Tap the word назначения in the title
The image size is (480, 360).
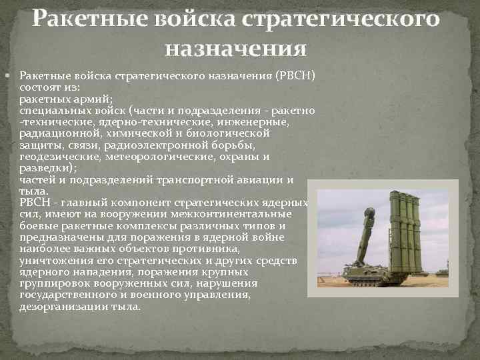tap(236, 49)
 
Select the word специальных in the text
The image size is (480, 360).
tap(49, 110)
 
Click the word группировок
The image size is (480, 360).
tap(52, 283)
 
